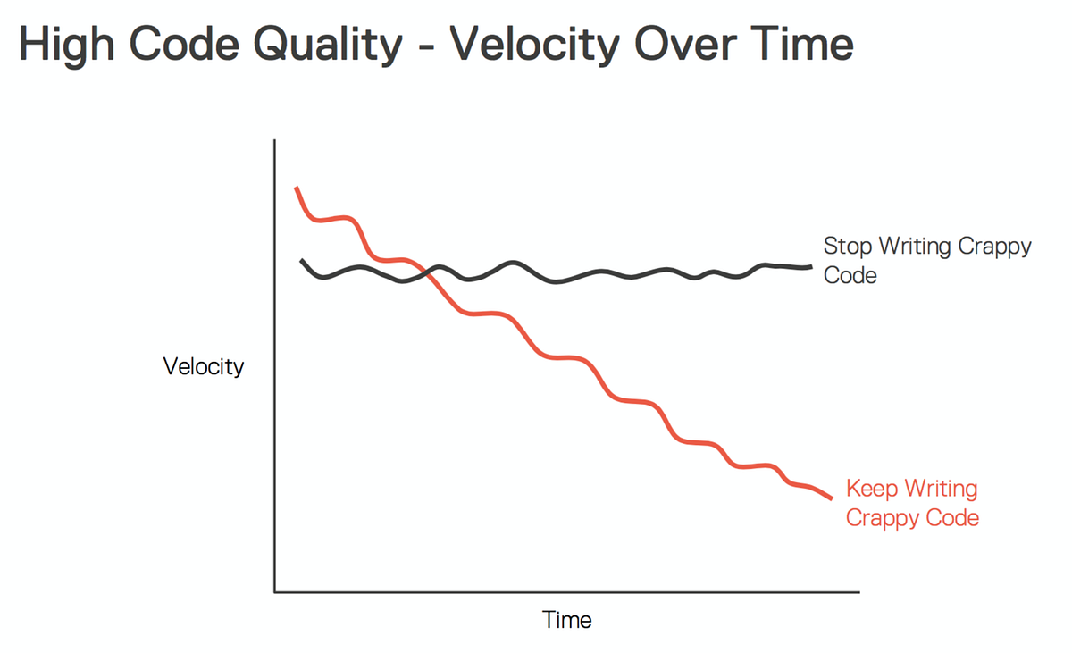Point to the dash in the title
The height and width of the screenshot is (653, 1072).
(x=424, y=46)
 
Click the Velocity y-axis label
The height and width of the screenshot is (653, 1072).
(x=204, y=366)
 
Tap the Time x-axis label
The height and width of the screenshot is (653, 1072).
(x=567, y=619)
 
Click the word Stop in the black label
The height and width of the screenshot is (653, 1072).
(x=848, y=247)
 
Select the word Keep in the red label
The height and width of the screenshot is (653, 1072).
(x=872, y=489)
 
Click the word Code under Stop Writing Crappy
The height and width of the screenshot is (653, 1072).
(x=850, y=275)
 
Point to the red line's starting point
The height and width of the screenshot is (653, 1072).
(x=297, y=188)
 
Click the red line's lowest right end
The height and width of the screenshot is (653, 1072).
(x=832, y=498)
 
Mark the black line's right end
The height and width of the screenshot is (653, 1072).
(x=810, y=266)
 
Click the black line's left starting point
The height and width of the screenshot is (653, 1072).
(x=302, y=260)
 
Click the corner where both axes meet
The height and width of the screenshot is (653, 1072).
(x=275, y=591)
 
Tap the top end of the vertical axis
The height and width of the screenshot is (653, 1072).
(x=275, y=141)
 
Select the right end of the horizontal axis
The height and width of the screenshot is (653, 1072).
(x=858, y=591)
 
